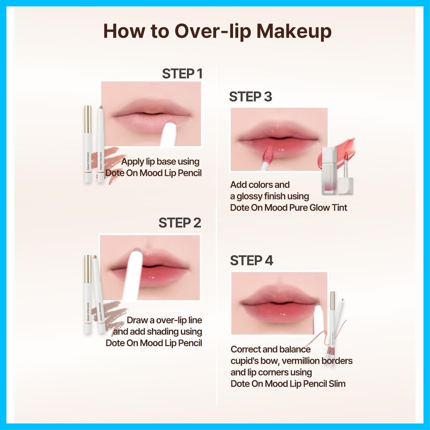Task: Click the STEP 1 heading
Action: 182,74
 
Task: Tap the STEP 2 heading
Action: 180,223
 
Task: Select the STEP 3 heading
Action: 251,97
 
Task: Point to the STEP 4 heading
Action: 251,261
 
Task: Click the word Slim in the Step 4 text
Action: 337,384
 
